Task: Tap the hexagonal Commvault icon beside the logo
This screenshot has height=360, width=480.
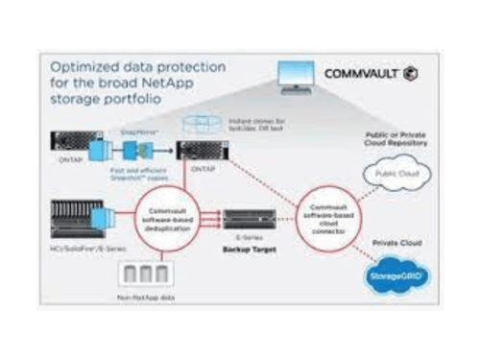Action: tap(412, 73)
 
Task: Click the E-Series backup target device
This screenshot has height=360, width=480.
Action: tap(247, 217)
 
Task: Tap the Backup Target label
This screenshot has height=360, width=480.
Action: tap(247, 244)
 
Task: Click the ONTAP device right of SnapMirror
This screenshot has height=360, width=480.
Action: tap(203, 151)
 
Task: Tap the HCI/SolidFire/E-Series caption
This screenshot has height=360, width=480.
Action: tap(78, 251)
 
